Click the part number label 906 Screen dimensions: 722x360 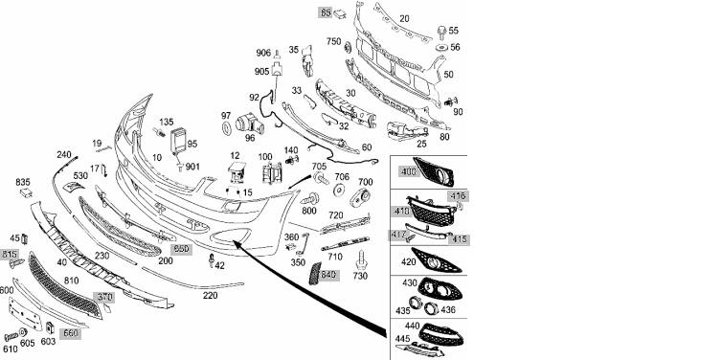263,53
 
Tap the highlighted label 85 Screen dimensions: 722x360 326,12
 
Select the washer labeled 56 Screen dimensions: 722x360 441,48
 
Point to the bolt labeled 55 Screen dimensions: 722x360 441,32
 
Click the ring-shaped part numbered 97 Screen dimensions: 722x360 227,129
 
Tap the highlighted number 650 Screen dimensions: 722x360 181,249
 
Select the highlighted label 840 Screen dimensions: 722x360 328,275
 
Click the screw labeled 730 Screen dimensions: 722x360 360,259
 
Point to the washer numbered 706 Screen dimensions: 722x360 340,191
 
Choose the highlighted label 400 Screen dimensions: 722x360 408,171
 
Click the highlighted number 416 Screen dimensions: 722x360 459,196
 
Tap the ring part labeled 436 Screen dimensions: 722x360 432,308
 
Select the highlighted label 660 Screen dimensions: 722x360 70,333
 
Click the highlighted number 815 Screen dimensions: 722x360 10,254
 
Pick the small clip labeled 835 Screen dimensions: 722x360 26,192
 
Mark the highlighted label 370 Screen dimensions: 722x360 103,298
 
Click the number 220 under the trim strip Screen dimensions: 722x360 210,296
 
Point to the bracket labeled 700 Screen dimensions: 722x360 360,197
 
